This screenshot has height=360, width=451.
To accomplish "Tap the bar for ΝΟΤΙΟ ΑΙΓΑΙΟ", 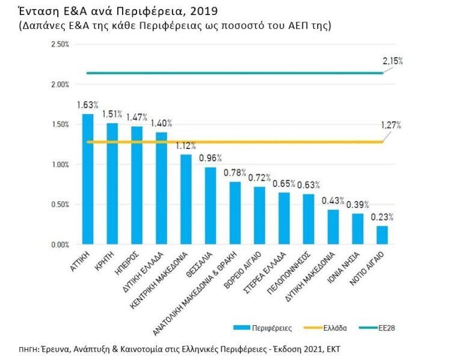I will click(382, 235).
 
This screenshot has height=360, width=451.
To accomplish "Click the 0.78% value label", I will click(235, 172).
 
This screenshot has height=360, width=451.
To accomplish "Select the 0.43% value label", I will click(333, 201).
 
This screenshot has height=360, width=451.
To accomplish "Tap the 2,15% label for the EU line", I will click(392, 61).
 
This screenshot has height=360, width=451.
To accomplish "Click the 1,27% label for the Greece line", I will click(391, 126).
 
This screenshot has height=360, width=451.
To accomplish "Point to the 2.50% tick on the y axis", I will click(61, 44).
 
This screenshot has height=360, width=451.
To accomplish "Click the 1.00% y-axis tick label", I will click(61, 165).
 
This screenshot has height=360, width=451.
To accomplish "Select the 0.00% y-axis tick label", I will click(61, 245).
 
